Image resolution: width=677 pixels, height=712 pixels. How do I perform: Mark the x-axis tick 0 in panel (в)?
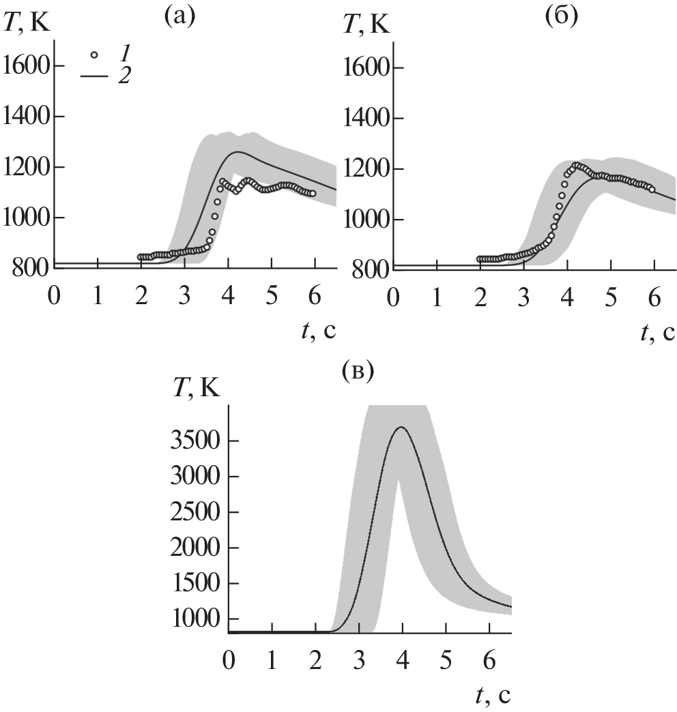click(x=229, y=662)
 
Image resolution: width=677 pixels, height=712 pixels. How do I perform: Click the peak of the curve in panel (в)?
click(x=401, y=428)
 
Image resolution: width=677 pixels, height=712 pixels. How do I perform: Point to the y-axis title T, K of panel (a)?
click(x=28, y=25)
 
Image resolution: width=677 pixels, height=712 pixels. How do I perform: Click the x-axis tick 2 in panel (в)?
click(x=316, y=662)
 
